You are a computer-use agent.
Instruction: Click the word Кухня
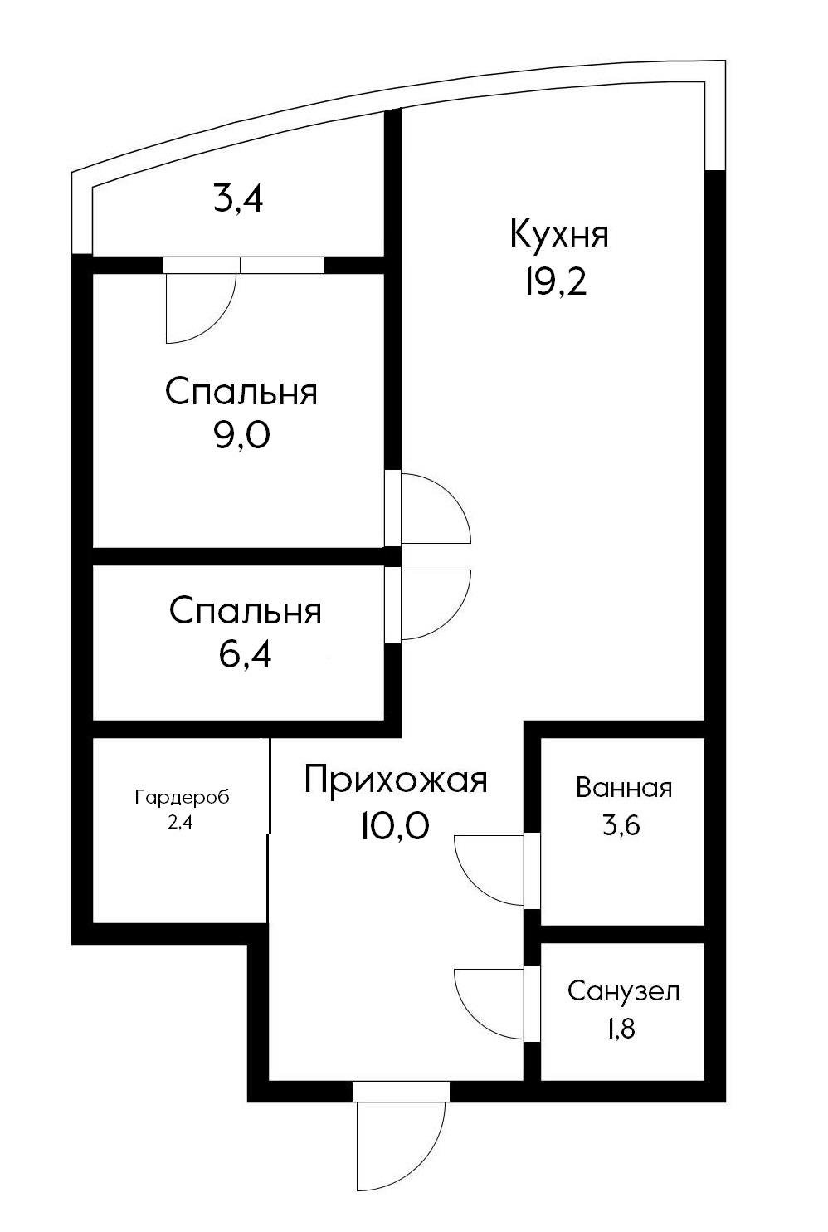(558, 234)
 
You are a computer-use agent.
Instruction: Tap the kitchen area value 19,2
(554, 284)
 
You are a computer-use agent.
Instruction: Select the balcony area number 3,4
(238, 200)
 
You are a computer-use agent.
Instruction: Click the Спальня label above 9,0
(241, 392)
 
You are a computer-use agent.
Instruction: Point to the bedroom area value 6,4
(245, 655)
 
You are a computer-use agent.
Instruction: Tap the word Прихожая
(395, 780)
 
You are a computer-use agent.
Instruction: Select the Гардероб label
(182, 798)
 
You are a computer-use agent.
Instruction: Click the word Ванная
(623, 788)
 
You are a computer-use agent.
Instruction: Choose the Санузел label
(623, 991)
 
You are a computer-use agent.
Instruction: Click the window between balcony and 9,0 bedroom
(282, 265)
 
